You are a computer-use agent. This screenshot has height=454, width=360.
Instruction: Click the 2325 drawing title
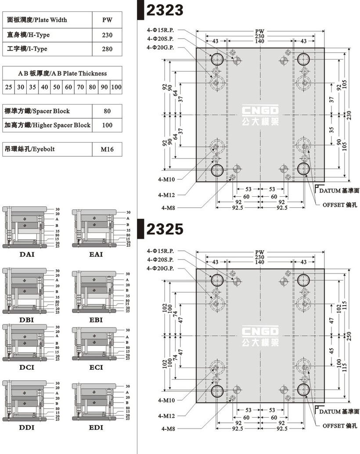pos(164,230)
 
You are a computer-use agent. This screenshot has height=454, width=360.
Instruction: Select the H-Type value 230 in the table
pos(107,35)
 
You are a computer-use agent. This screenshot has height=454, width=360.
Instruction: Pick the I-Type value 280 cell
pos(107,49)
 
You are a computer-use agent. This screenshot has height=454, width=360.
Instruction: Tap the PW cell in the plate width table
pos(107,20)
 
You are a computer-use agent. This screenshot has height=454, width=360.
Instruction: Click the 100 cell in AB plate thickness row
pos(116,87)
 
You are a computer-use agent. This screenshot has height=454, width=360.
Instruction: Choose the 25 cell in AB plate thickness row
pos(9,87)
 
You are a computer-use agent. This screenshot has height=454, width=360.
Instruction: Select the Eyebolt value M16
pos(107,149)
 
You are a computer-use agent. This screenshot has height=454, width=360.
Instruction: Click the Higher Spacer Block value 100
pos(107,125)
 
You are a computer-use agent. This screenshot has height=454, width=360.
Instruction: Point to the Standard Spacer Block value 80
pos(107,111)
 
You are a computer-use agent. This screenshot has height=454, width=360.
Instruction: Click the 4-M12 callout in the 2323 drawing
pos(166,194)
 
